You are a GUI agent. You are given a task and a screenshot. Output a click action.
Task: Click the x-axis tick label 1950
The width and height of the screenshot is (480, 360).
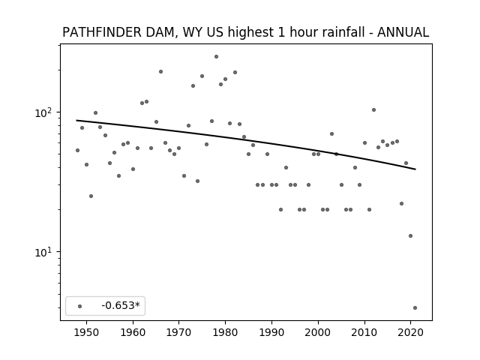[87, 332]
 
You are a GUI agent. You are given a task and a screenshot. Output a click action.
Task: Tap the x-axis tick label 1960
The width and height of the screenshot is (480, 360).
[133, 332]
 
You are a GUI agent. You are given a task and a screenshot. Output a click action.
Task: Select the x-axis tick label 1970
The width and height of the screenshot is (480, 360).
[178, 332]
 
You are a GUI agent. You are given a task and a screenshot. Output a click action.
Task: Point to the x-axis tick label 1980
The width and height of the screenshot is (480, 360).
[225, 332]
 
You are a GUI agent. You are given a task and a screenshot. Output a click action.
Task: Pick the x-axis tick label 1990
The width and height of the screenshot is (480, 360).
[271, 332]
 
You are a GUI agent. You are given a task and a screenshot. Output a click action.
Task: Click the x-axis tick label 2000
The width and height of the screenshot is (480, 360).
[318, 332]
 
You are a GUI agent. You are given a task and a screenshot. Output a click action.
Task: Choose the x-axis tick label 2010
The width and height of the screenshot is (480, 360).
[364, 332]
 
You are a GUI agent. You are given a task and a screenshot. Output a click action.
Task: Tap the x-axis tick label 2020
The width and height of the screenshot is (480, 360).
[410, 332]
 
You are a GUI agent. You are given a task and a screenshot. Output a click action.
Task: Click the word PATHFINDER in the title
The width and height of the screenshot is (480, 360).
[102, 32]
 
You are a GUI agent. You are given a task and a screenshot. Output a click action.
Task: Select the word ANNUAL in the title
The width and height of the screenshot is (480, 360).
[403, 32]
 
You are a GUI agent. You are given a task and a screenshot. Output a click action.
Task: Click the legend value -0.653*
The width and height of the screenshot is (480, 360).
[121, 305]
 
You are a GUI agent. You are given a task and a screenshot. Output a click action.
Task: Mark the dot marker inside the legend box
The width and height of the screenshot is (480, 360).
[80, 306]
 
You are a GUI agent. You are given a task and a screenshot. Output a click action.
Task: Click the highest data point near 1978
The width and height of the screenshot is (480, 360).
[216, 57]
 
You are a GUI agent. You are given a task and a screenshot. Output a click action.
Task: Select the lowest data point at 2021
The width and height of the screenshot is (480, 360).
[415, 308]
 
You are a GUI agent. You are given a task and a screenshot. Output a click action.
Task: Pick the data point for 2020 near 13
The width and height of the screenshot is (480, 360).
[410, 235]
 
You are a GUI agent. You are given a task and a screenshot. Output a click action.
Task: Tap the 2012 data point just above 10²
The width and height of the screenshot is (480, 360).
[373, 110]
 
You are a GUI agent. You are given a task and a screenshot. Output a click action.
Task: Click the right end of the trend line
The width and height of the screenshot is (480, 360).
[415, 169]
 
